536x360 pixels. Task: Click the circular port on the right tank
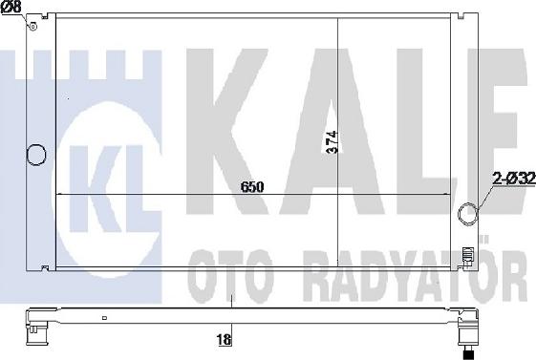(468, 213)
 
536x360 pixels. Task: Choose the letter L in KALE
(401, 124)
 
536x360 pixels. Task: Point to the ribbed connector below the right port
(467, 256)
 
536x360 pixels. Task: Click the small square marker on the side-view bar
(107, 313)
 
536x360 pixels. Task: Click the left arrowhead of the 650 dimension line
(63, 194)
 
